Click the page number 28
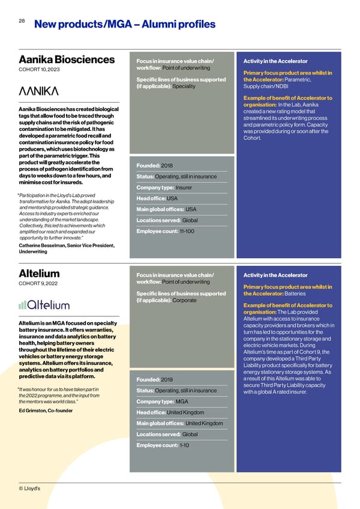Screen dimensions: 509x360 [x=21, y=21]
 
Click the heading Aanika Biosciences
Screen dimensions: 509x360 [x=67, y=59]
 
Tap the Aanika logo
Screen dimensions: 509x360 [x=39, y=91]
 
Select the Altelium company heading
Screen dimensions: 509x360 [x=39, y=274]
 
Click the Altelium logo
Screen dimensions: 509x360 [x=44, y=304]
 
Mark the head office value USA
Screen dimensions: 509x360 [x=172, y=199]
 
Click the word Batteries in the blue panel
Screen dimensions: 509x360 [x=295, y=293]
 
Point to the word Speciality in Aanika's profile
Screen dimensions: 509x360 [x=184, y=86]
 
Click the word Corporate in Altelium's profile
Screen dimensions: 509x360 [x=185, y=300]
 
